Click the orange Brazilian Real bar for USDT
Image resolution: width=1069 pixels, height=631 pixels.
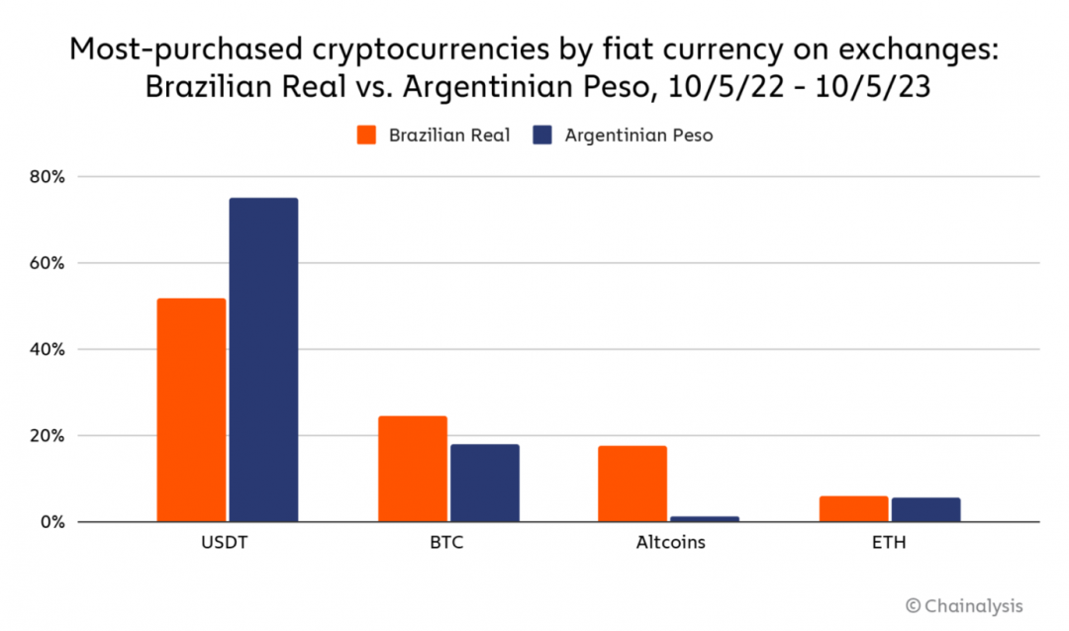coord(191,409)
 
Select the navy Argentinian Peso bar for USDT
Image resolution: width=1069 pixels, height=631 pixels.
coord(263,360)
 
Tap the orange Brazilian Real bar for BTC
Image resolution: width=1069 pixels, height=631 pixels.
coord(412,469)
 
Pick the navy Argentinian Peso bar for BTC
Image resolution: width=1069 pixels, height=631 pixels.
coord(485,483)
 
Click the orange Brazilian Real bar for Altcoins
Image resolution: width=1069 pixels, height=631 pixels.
coord(632,484)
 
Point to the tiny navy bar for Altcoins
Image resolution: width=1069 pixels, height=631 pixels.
coord(705,518)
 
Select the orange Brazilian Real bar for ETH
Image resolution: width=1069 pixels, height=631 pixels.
coord(853,508)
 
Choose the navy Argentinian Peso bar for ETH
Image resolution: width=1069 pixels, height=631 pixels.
coord(925,509)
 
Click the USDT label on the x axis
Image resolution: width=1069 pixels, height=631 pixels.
coord(227,543)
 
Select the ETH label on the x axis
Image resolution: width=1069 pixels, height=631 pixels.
coord(890,543)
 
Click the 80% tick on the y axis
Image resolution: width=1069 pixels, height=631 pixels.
coord(46,177)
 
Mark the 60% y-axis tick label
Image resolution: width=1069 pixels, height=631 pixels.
coord(46,263)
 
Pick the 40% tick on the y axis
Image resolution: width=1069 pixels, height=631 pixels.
coord(46,349)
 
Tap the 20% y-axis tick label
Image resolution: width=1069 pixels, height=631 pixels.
coord(46,435)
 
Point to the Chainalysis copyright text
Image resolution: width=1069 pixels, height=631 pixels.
coord(964,605)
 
